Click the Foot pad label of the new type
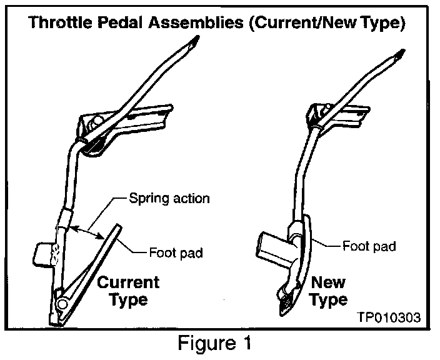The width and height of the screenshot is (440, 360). (368, 246)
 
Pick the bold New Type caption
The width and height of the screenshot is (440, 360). (330, 291)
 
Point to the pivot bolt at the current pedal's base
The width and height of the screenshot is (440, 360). (62, 303)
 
